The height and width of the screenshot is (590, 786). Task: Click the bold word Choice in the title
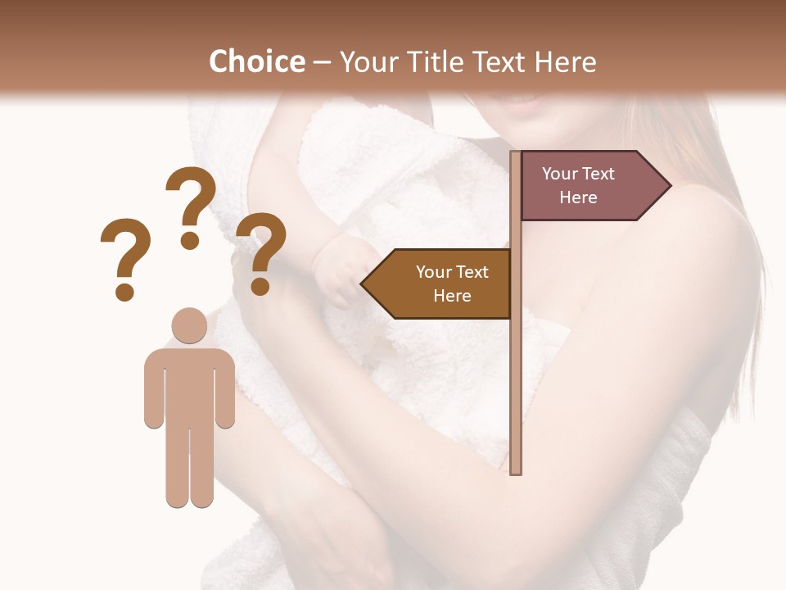[256, 61]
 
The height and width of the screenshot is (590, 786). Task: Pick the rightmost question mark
[261, 250]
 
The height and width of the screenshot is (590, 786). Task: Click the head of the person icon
[189, 325]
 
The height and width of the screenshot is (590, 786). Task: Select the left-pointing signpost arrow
[439, 284]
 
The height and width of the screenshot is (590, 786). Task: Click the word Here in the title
[566, 61]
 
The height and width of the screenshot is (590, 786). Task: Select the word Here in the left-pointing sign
[452, 296]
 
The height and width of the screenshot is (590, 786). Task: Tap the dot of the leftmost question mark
[124, 292]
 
